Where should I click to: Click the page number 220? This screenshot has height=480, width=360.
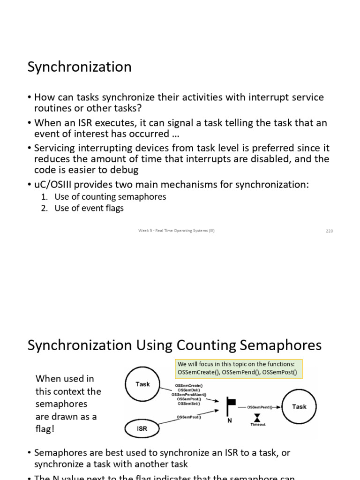pyautogui.click(x=329, y=231)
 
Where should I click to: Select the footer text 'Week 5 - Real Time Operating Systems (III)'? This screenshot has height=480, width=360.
pyautogui.click(x=176, y=231)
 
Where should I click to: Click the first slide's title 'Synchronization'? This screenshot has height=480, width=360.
pyautogui.click(x=79, y=67)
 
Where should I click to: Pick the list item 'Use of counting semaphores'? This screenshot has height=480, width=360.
pyautogui.click(x=110, y=197)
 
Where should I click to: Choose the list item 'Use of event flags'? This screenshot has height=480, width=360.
pyautogui.click(x=89, y=208)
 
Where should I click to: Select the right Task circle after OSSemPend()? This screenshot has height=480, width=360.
pyautogui.click(x=299, y=407)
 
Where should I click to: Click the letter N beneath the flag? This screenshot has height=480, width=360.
pyautogui.click(x=230, y=420)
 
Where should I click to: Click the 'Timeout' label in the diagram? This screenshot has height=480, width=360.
pyautogui.click(x=258, y=425)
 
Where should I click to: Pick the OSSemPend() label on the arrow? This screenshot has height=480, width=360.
pyautogui.click(x=260, y=407)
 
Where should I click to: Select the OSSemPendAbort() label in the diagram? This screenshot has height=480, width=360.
pyautogui.click(x=188, y=395)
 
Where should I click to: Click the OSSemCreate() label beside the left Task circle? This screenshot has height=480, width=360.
pyautogui.click(x=189, y=385)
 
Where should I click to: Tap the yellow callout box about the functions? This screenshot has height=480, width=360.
pyautogui.click(x=238, y=368)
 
